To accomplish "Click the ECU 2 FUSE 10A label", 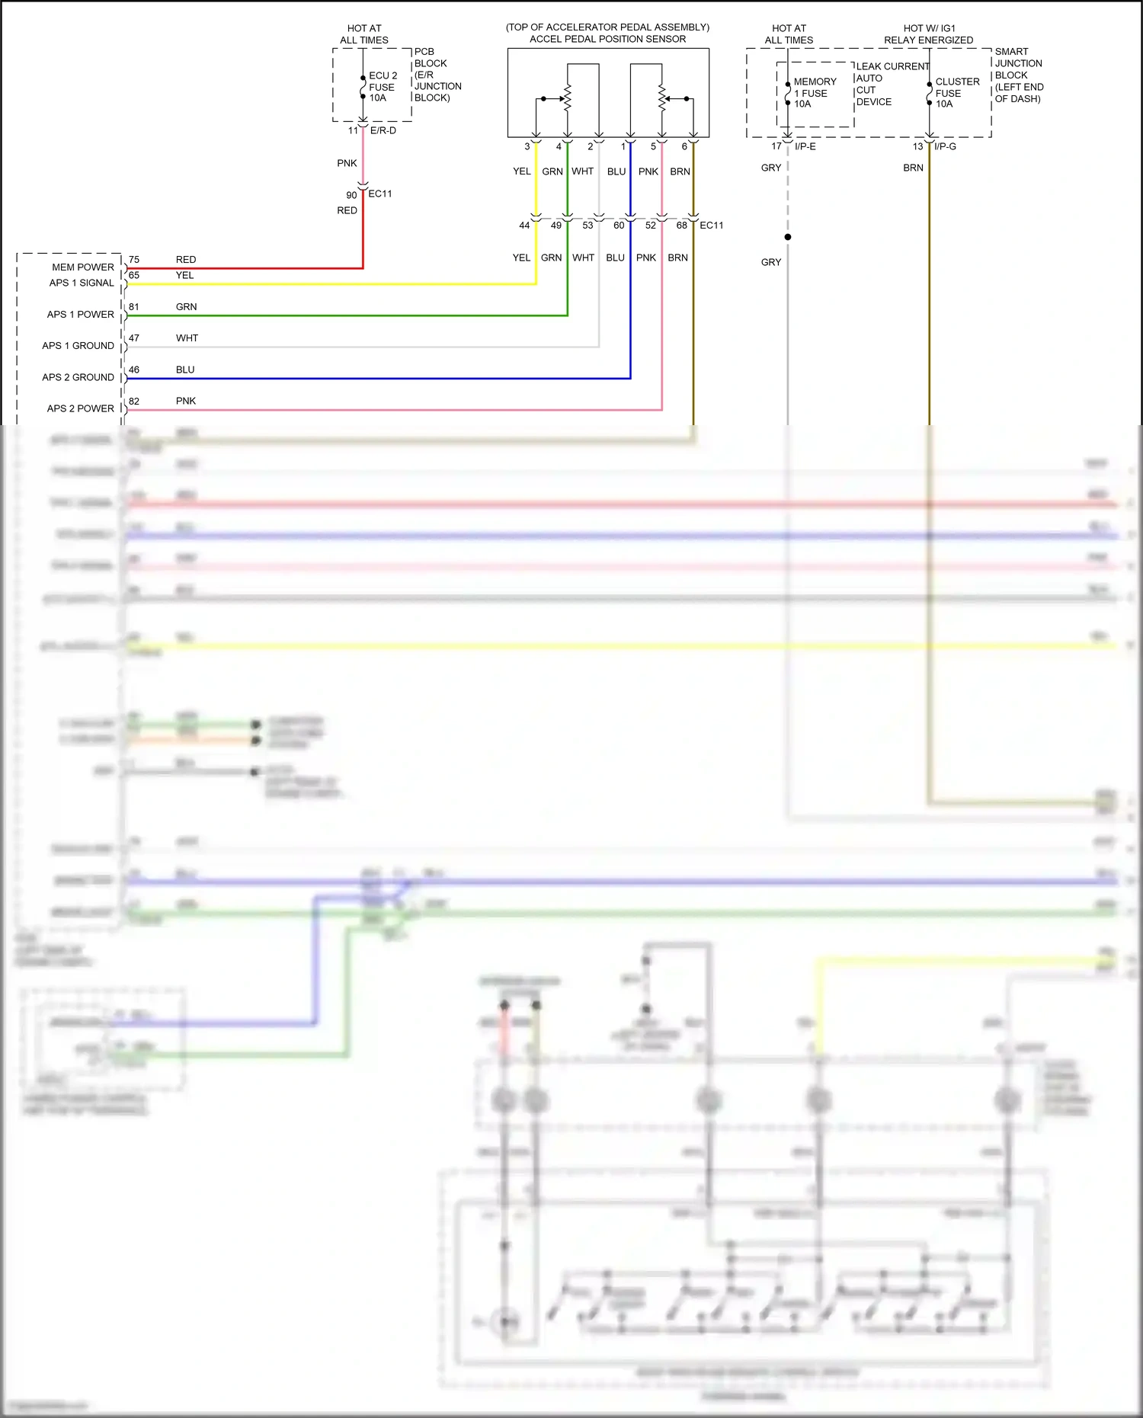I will pyautogui.click(x=382, y=87).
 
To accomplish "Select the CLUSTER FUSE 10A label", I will pyautogui.click(x=956, y=92).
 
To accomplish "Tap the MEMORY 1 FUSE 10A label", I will pyautogui.click(x=814, y=92).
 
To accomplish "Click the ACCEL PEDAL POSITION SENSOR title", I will pyautogui.click(x=607, y=39).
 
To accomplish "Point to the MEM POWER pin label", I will pyautogui.click(x=82, y=267).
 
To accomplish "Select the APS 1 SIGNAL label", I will pyautogui.click(x=82, y=283).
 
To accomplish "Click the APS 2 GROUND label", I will pyautogui.click(x=78, y=377).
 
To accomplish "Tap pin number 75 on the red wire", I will pyautogui.click(x=134, y=260).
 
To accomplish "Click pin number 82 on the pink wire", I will pyautogui.click(x=134, y=401).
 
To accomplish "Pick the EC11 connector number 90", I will pyautogui.click(x=351, y=195).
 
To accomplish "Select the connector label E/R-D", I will pyautogui.click(x=383, y=131).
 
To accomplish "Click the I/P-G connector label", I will pyautogui.click(x=945, y=146).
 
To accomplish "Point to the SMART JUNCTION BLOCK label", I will pyautogui.click(x=1018, y=75).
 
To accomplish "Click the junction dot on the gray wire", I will pyautogui.click(x=788, y=237).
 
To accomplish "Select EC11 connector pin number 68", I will pyautogui.click(x=681, y=226).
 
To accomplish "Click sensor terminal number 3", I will pyautogui.click(x=527, y=146).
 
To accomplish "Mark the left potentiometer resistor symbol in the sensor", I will pyautogui.click(x=567, y=98).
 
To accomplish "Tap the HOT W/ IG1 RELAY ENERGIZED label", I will pyautogui.click(x=928, y=34).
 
